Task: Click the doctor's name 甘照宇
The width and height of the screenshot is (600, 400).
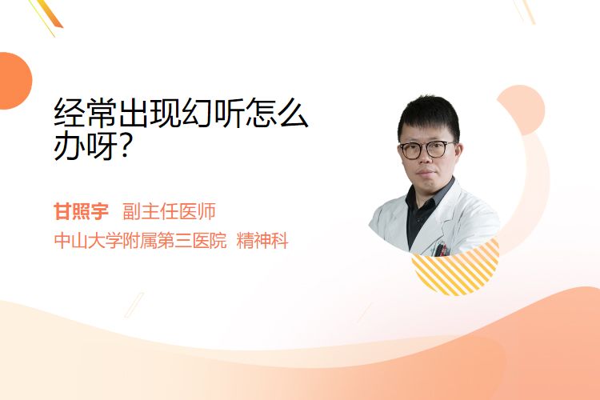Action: tap(81, 211)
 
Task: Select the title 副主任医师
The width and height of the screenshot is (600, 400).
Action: tap(169, 211)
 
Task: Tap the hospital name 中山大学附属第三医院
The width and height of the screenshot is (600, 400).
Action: tap(141, 241)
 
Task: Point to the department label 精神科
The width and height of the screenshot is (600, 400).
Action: tap(262, 241)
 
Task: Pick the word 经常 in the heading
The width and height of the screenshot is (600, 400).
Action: tap(86, 113)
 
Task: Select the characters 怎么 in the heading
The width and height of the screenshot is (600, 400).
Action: tap(277, 113)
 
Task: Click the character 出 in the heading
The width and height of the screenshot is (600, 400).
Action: tap(134, 113)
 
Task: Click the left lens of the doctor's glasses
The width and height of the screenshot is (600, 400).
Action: tap(410, 150)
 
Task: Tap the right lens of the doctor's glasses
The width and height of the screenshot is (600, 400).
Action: tap(437, 149)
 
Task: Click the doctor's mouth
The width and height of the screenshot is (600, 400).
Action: tap(426, 174)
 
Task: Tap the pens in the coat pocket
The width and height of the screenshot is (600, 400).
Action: tap(441, 250)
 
